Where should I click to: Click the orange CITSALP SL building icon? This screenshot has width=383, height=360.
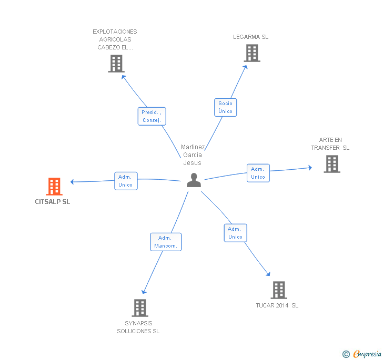54,187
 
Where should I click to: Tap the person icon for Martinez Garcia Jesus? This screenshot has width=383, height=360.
194,180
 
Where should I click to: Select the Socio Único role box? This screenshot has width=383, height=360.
226,107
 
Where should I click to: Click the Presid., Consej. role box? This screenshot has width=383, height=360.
152,116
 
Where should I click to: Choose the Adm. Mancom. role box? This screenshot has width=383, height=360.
166,242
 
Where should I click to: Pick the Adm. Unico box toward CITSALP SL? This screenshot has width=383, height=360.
126,181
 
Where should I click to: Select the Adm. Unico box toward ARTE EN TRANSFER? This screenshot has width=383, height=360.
258,173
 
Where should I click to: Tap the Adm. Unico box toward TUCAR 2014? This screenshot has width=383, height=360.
236,233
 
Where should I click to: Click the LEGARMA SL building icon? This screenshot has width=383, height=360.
252,53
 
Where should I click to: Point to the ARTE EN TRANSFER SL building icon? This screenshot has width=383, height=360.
332,164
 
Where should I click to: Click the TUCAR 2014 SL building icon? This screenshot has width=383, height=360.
279,290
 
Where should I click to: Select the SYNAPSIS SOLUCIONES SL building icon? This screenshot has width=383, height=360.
140,308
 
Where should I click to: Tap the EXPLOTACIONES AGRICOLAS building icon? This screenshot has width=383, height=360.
116,64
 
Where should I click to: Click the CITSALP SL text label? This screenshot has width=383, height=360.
52,202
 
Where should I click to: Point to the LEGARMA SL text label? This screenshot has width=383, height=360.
250,37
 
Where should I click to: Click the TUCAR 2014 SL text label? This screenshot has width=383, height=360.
277,305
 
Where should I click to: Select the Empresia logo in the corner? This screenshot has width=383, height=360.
362,354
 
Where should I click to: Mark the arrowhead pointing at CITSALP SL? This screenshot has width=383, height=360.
72,182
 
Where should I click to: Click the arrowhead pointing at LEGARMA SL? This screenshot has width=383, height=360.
246,67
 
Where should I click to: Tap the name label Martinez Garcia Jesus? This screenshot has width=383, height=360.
193,155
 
